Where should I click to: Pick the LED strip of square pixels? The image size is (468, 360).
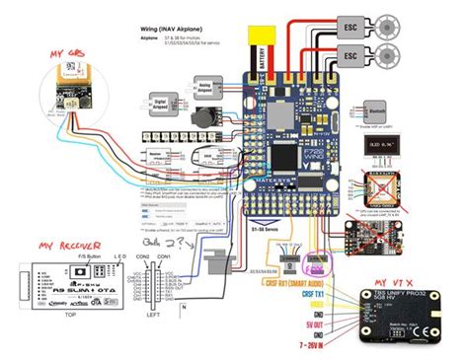coord(189,131)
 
